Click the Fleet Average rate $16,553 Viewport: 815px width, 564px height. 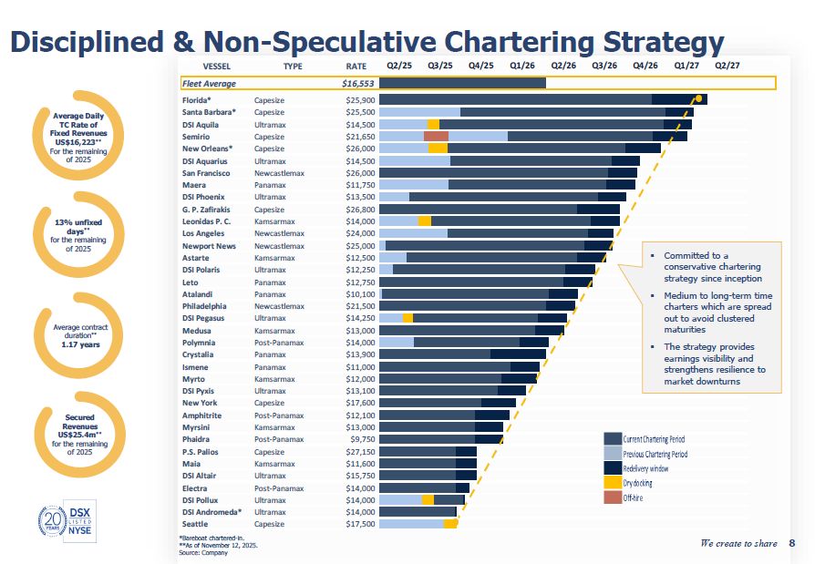[358, 84]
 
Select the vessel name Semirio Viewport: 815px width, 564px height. [196, 136]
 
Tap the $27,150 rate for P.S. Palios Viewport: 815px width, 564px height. [361, 451]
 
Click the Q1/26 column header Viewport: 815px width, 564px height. [522, 66]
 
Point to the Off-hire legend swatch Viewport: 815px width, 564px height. [612, 497]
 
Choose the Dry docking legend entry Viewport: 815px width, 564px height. [637, 483]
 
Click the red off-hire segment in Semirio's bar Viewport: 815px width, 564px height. [437, 136]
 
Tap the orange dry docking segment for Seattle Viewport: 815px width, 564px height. [450, 524]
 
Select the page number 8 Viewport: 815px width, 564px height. [791, 544]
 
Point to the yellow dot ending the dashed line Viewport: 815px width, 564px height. [698, 97]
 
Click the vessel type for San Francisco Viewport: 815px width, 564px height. [279, 172]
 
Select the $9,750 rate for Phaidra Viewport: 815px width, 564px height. [362, 439]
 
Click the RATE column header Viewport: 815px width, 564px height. [356, 66]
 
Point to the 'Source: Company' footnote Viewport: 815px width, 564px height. [203, 552]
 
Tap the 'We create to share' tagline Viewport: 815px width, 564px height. [738, 544]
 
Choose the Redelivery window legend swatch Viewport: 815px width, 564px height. [612, 468]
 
